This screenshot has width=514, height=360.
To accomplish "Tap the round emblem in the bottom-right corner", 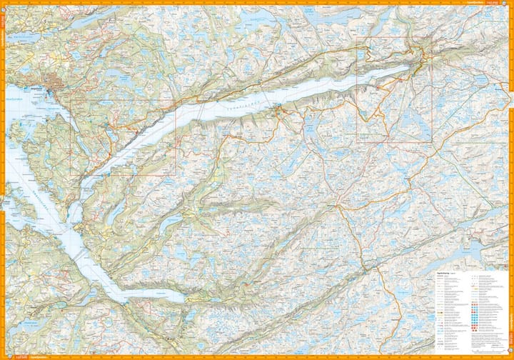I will pos(505,351).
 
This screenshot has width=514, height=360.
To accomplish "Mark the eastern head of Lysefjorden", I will pos(408,68).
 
